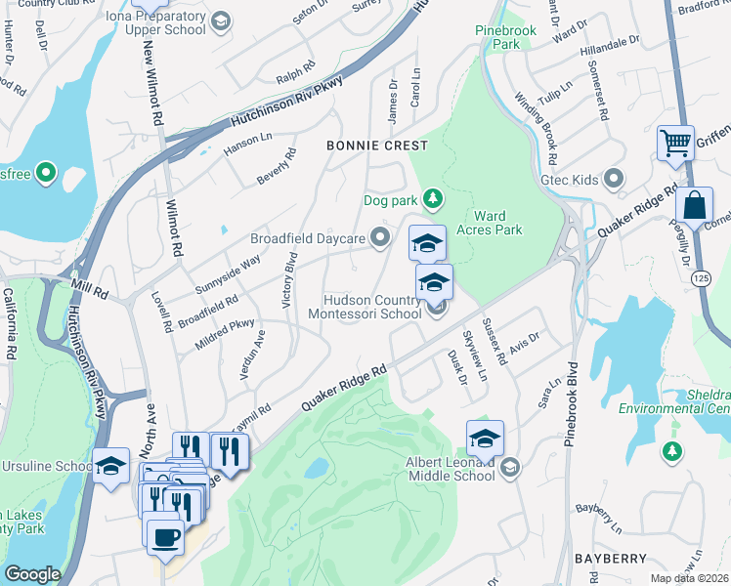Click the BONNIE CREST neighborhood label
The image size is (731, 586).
pos(377,146)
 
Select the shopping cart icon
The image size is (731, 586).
pos(675,142)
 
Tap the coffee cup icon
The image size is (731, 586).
pos(164,535)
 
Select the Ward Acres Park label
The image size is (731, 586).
pos(497,223)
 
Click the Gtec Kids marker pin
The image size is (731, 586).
pos(614,179)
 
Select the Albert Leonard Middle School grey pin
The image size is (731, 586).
pos(508,469)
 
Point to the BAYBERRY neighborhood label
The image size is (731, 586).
pos(611,558)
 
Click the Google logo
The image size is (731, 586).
pos(32,574)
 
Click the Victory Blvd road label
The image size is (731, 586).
pos(289,280)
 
